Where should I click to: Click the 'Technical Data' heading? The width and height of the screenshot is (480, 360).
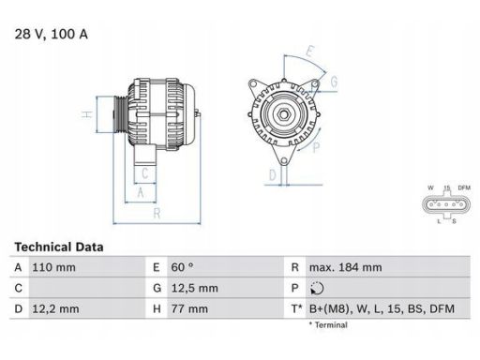coord(58,247)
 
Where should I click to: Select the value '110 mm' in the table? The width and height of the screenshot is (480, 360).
coord(55,267)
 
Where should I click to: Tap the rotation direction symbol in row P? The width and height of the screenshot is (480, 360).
coord(314,289)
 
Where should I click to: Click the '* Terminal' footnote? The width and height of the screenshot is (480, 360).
coord(327,325)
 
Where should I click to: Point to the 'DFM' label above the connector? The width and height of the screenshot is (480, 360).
coord(462,188)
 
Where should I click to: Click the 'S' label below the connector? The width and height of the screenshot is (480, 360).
coord(454,222)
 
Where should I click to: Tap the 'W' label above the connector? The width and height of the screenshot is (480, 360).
coord(430,188)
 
